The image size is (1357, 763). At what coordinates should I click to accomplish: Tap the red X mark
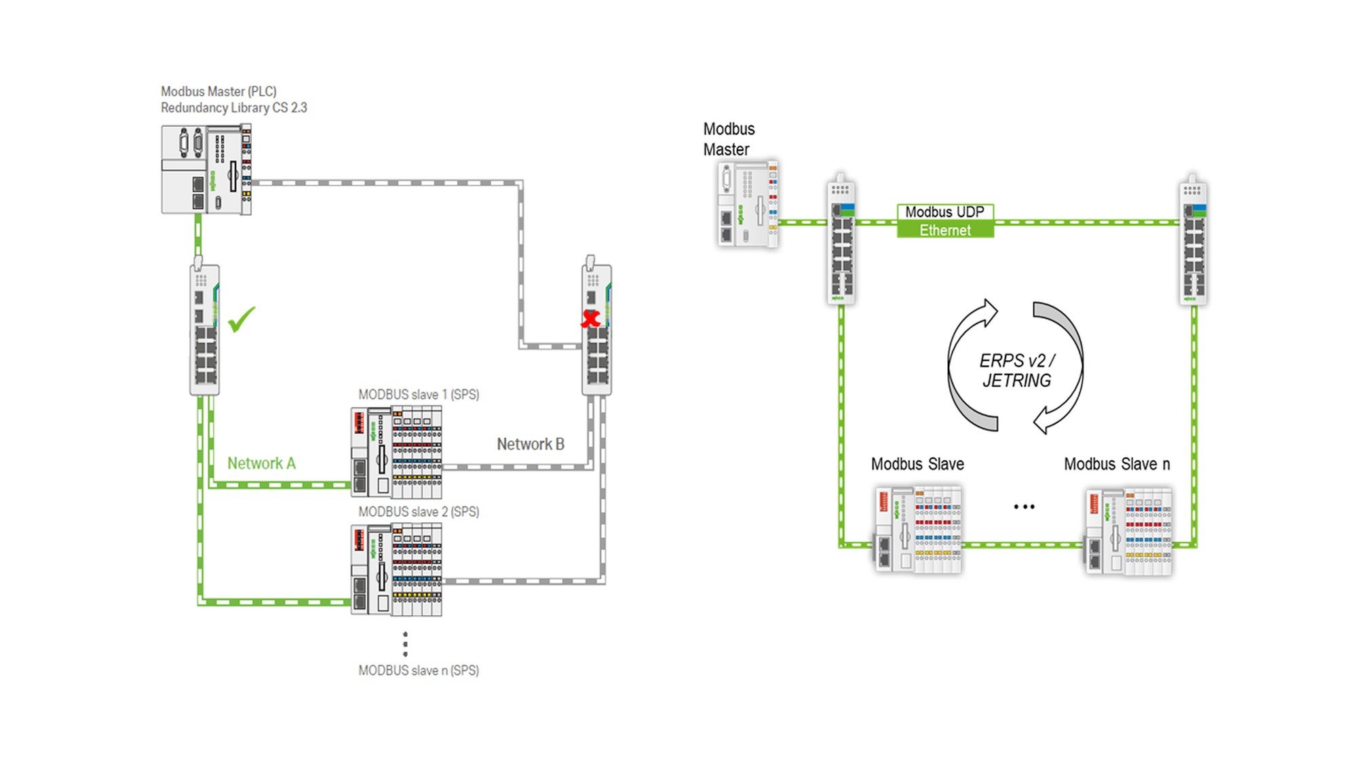[x=591, y=318]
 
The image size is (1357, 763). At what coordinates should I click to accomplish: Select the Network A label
[x=261, y=463]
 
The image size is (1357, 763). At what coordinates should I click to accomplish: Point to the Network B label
[x=531, y=444]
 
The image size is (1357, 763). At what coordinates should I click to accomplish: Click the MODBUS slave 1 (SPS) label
[x=419, y=395]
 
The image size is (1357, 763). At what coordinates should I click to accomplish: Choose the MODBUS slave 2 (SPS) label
[x=419, y=512]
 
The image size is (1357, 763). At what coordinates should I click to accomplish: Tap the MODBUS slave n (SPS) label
[x=419, y=671]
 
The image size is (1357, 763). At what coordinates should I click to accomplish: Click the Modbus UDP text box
[x=945, y=212]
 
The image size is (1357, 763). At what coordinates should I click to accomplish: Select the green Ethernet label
[x=945, y=230]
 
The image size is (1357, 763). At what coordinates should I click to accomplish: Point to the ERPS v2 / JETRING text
[x=1017, y=370]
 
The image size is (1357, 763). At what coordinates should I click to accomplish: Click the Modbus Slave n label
[x=1117, y=465]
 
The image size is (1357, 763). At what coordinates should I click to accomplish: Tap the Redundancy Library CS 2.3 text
[x=234, y=108]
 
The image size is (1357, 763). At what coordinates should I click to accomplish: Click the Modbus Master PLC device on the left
[x=206, y=169]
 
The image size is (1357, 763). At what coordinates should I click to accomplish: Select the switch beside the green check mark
[x=204, y=327]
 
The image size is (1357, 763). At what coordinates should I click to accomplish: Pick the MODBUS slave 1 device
[x=396, y=453]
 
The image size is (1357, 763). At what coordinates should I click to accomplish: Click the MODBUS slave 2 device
[x=396, y=570]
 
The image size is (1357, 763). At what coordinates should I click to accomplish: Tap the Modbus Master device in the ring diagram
[x=748, y=204]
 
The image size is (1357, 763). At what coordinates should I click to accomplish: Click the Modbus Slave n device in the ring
[x=1128, y=531]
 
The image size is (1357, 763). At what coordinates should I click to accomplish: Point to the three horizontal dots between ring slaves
[x=1024, y=507]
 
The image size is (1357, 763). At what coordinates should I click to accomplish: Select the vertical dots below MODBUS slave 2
[x=405, y=644]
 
